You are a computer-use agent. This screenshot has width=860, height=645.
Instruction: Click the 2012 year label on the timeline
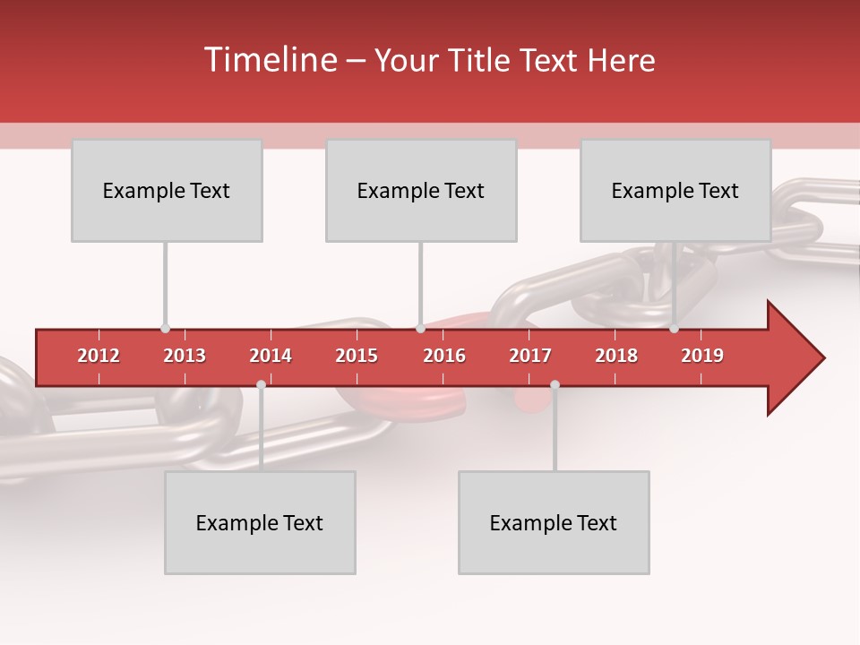99,356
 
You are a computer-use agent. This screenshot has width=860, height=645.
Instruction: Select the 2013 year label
185,356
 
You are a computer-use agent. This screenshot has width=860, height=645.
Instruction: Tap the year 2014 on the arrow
271,356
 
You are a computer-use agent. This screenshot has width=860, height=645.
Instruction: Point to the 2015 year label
357,356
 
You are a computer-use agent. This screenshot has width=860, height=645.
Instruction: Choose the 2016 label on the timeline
444,356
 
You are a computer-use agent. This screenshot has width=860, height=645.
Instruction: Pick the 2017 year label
530,356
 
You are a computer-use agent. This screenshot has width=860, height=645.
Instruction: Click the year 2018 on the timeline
616,356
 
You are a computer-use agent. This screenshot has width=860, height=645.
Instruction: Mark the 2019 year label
702,356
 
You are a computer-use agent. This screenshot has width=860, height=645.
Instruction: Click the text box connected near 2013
167,190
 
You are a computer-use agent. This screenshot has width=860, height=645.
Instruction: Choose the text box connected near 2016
421,190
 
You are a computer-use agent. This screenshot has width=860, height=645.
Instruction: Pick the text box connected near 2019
675,190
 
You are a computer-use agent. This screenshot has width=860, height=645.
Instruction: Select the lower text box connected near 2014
260,522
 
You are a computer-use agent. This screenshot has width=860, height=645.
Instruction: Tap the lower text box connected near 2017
554,522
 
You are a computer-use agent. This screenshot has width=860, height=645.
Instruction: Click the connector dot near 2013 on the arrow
165,329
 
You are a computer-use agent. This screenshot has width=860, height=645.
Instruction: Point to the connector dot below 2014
261,384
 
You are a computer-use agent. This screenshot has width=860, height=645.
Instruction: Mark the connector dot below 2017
555,384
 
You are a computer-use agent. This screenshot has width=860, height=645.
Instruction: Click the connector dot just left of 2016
420,329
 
